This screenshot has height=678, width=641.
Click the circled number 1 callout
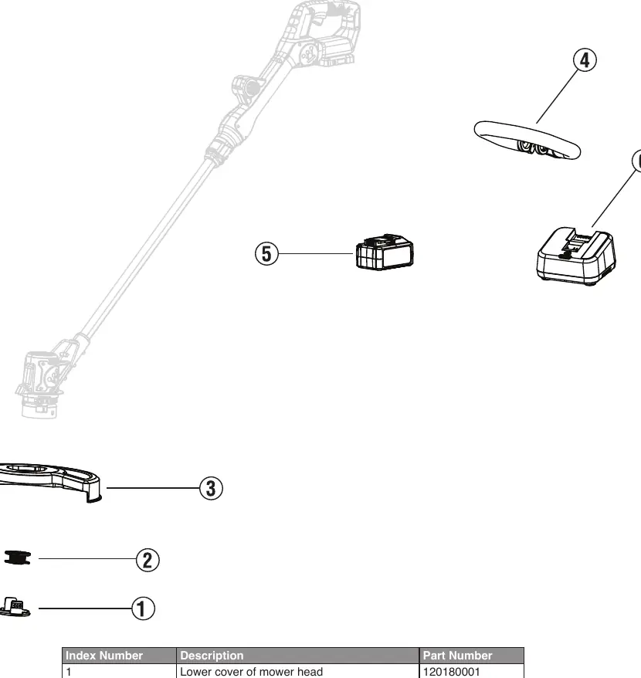pyautogui.click(x=143, y=609)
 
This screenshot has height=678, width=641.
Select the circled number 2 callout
pyautogui.click(x=148, y=560)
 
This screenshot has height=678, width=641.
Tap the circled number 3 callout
pyautogui.click(x=211, y=489)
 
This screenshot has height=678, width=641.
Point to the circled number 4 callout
pyautogui.click(x=585, y=60)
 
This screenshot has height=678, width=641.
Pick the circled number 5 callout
pyautogui.click(x=267, y=254)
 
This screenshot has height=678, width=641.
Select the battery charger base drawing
pyautogui.click(x=576, y=256)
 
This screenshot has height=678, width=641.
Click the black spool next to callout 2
pyautogui.click(x=17, y=558)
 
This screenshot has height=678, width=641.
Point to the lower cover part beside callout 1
pyautogui.click(x=15, y=607)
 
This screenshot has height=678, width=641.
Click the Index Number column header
pyautogui.click(x=103, y=656)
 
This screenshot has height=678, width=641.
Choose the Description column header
pyautogui.click(x=212, y=656)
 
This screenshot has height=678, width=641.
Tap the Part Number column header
pyautogui.click(x=457, y=656)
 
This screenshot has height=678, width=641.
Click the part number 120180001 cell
pyautogui.click(x=451, y=672)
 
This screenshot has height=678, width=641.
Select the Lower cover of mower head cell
pyautogui.click(x=251, y=672)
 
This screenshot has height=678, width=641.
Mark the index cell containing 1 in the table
pyautogui.click(x=68, y=672)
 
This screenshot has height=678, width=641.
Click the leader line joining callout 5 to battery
pyautogui.click(x=316, y=254)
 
